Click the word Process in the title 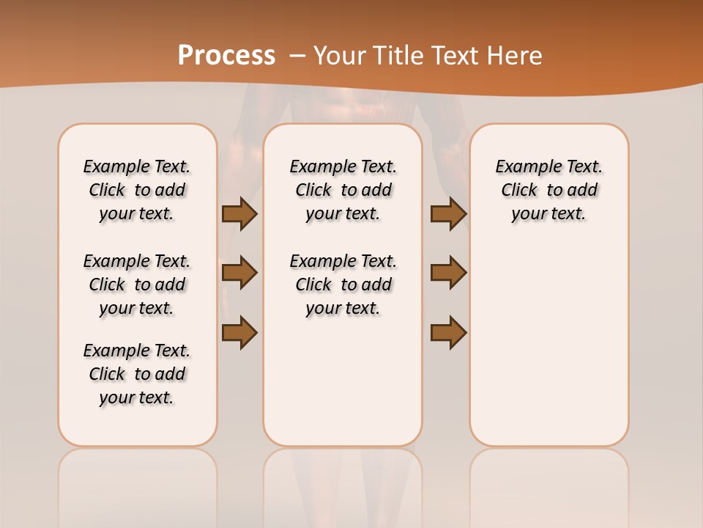(226, 55)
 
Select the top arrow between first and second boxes (239, 213)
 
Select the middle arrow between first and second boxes (239, 273)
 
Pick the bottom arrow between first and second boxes (239, 332)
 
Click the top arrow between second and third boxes (448, 213)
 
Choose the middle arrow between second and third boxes (448, 273)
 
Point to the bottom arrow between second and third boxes (448, 332)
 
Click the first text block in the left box (137, 190)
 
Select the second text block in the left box (137, 285)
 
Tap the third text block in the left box (137, 374)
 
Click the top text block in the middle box (343, 190)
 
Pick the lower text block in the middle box (343, 285)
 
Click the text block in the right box (549, 190)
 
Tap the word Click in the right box (519, 191)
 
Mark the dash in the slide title (297, 55)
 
